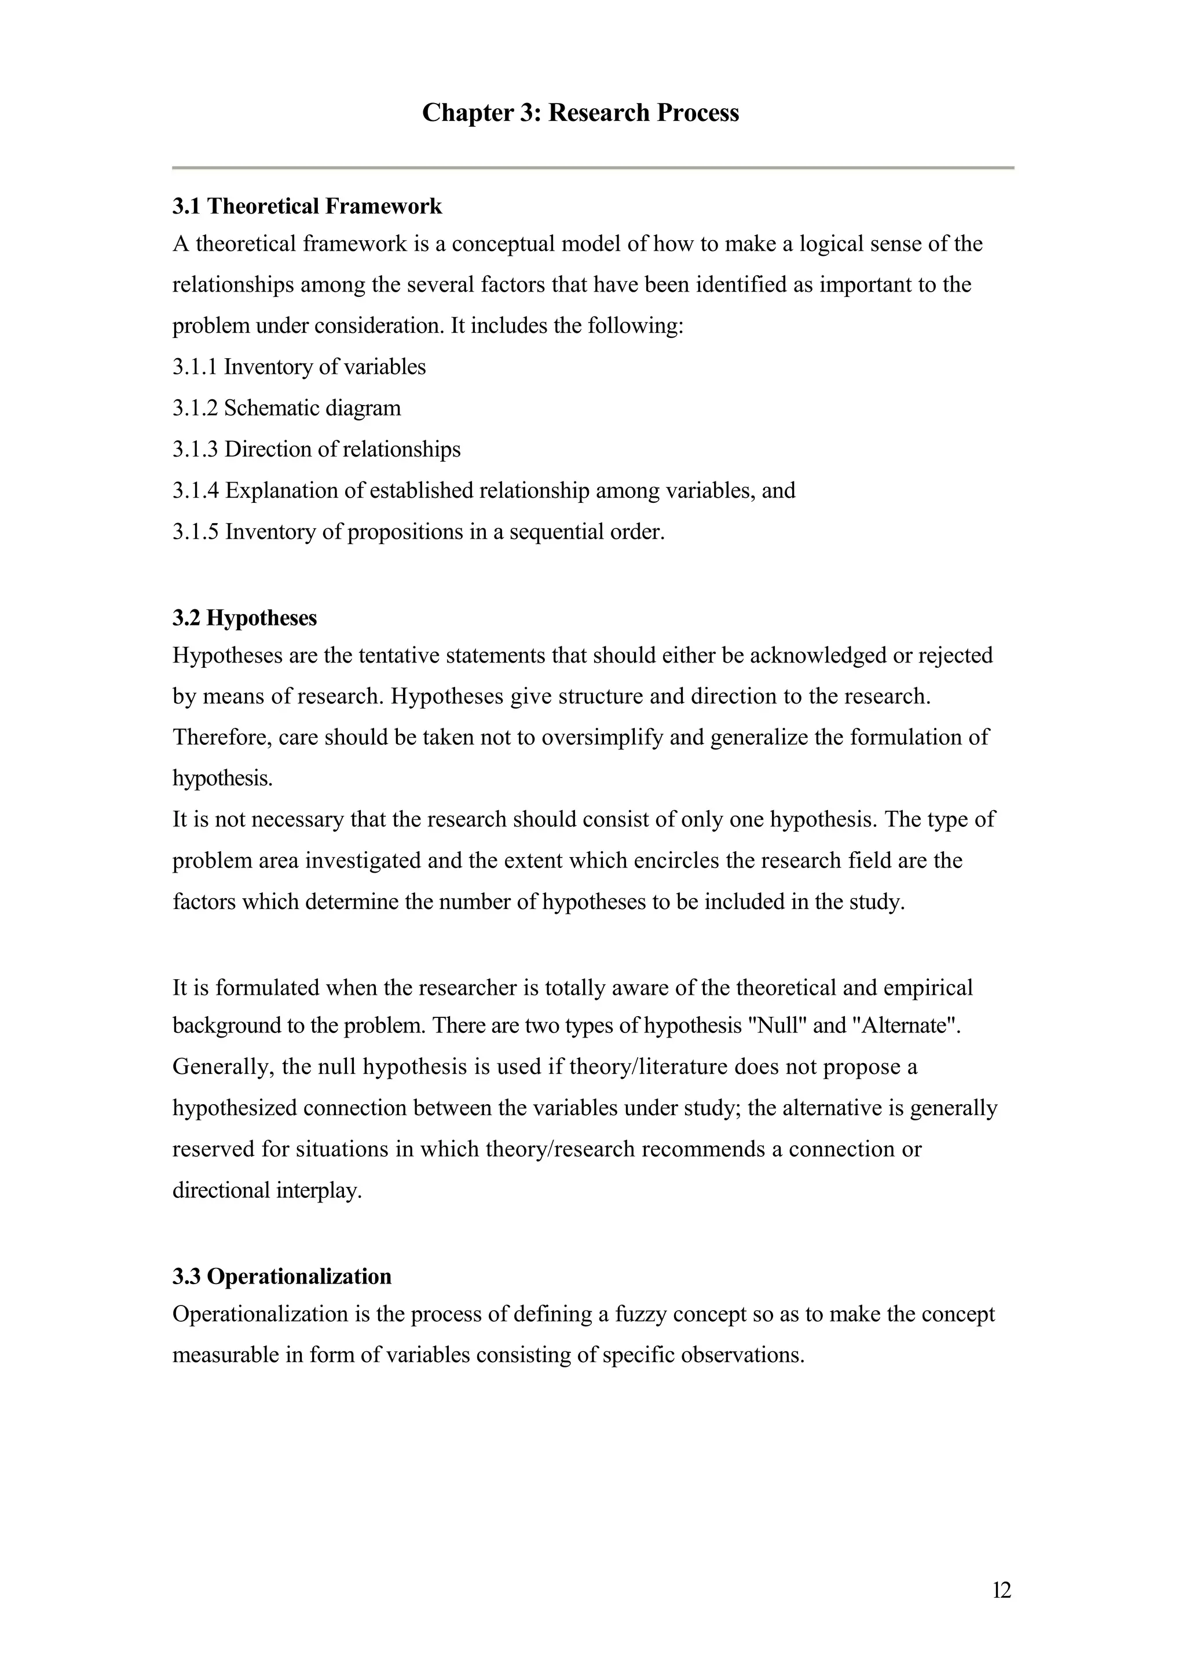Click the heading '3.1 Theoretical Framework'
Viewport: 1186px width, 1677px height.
pyautogui.click(x=307, y=207)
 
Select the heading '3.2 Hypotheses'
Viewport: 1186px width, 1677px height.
pyautogui.click(x=245, y=618)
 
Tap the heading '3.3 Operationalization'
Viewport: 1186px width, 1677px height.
pyautogui.click(x=282, y=1276)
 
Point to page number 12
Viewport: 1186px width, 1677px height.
pyautogui.click(x=1002, y=1590)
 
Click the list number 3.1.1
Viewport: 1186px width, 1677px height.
pyautogui.click(x=195, y=367)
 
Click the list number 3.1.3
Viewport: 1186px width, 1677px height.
pyautogui.click(x=195, y=449)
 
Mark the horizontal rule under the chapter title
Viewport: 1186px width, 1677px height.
pyautogui.click(x=592, y=168)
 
